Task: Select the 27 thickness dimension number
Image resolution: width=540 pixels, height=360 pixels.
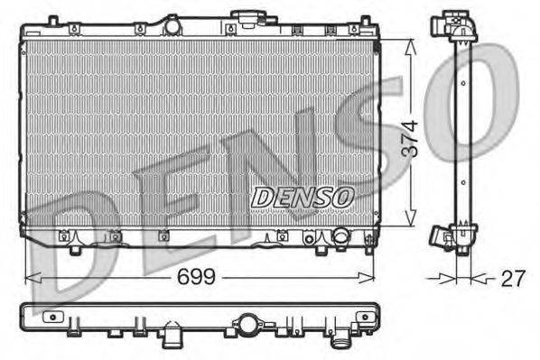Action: [512, 279]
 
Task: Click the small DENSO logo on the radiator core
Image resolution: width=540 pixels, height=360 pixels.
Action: [303, 196]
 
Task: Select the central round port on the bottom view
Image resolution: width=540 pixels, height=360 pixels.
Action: [247, 322]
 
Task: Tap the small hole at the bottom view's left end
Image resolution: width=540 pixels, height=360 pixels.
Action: [54, 318]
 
